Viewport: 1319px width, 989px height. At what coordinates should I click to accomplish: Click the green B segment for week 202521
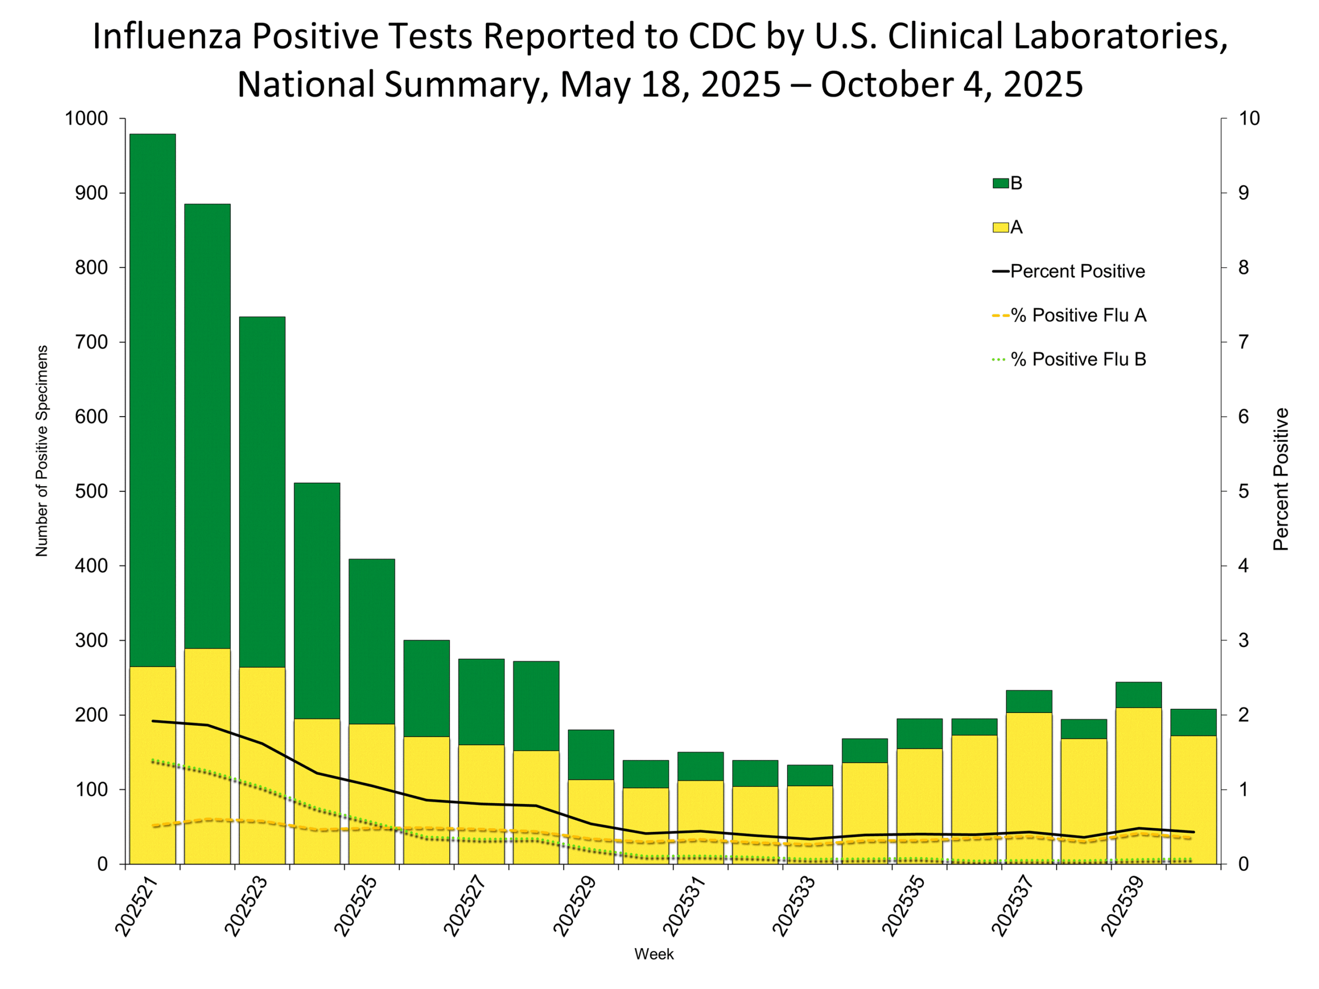pyautogui.click(x=153, y=399)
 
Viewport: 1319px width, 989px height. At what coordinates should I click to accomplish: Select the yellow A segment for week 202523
pyautogui.click(x=262, y=765)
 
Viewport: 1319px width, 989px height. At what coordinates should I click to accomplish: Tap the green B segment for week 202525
pyautogui.click(x=371, y=641)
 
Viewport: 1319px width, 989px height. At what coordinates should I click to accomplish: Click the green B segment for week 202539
pyautogui.click(x=1138, y=695)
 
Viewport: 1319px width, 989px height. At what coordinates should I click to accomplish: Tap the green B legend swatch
pyautogui.click(x=1000, y=183)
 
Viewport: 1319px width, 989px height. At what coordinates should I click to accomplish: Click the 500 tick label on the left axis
pyautogui.click(x=91, y=491)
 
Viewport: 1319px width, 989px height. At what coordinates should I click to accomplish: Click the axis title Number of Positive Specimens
pyautogui.click(x=41, y=451)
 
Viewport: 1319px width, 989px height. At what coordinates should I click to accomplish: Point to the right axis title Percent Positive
pyautogui.click(x=1281, y=479)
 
